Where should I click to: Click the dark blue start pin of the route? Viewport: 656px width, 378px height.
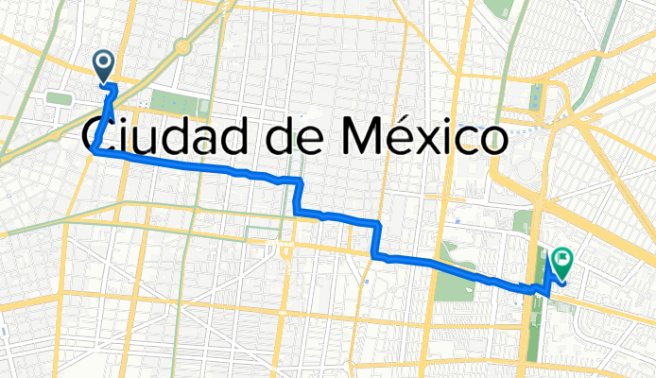[x=103, y=64]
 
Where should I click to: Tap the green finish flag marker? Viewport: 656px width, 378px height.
[x=562, y=258]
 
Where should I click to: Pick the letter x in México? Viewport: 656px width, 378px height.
[x=425, y=141]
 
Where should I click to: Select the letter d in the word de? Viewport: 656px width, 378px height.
[x=276, y=137]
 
